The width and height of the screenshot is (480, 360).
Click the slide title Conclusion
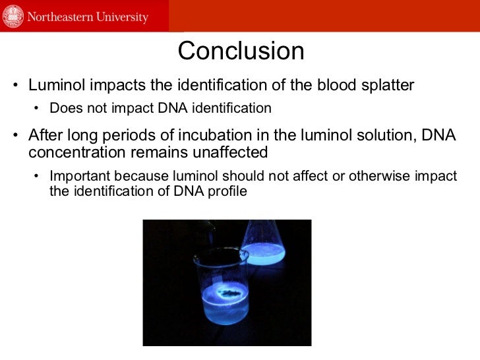click(241, 51)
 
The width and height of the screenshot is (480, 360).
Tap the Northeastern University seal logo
click(13, 16)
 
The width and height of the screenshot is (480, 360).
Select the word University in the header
click(123, 16)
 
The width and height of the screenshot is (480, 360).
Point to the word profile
click(228, 191)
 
